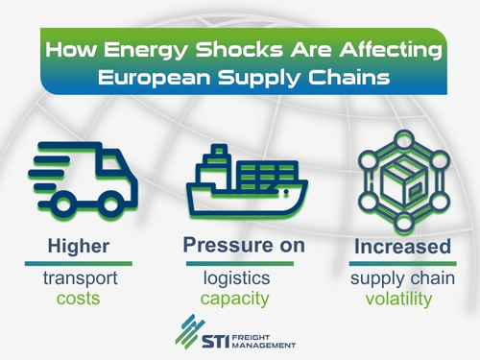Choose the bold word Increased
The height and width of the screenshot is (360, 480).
point(402,246)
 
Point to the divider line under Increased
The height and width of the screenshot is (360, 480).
point(402,262)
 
